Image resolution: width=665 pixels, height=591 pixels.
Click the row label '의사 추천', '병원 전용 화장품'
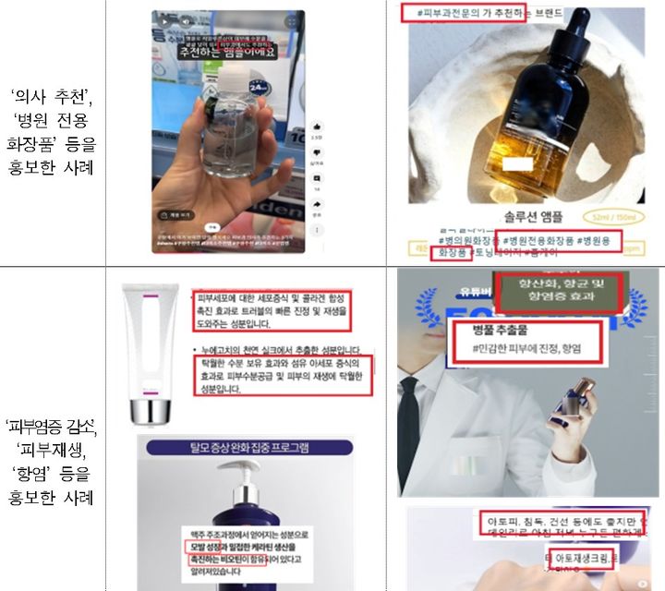tap(54, 131)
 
